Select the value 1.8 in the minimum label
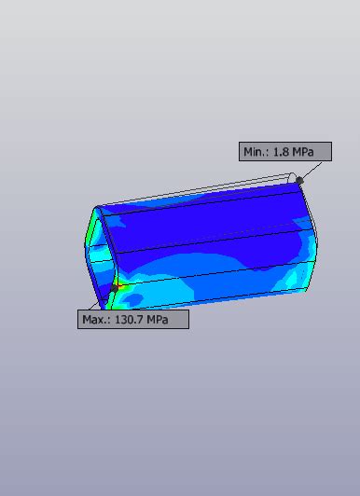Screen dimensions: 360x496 tap(281, 152)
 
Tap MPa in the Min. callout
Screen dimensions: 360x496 tap(303, 152)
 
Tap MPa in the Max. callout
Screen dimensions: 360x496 tap(158, 320)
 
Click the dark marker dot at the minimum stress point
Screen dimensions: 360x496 tap(299, 180)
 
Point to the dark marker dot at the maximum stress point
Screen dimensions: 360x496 tap(114, 288)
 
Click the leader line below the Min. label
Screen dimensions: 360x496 tap(312, 171)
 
